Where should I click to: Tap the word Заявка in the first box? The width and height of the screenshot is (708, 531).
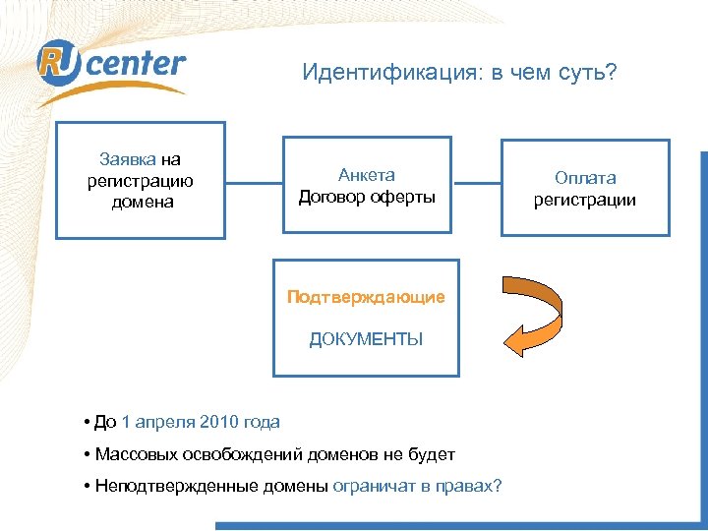coord(127,159)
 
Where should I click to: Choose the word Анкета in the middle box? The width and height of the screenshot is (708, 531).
coord(366,175)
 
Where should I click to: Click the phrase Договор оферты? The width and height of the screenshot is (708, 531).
coord(366,196)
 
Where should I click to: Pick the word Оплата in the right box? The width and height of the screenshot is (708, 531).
coord(585,178)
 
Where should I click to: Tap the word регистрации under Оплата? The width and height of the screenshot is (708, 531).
coord(585,200)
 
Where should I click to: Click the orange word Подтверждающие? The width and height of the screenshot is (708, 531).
coord(366,297)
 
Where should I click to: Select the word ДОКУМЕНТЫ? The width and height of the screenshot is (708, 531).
coord(366,340)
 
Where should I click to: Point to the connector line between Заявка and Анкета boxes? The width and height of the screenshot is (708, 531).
coord(254,181)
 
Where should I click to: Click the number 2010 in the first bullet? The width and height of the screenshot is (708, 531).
coord(218,423)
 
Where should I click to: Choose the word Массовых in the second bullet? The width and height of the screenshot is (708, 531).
coord(132,454)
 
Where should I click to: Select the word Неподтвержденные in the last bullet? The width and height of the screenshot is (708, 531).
coord(164,486)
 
